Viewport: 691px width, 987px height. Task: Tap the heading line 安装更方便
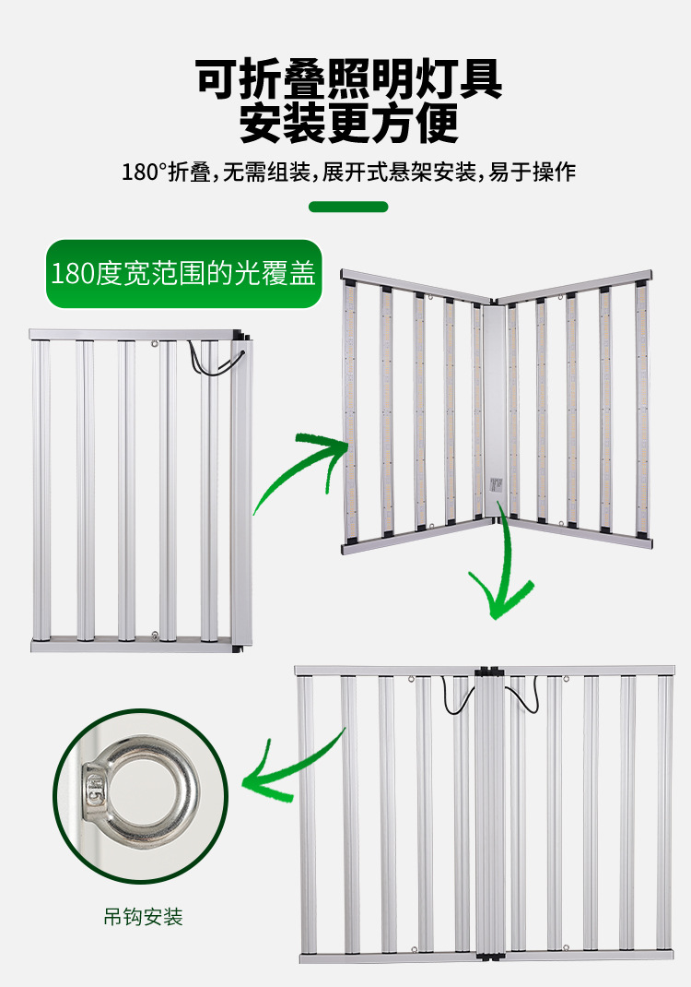[349, 125]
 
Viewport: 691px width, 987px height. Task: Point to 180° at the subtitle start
[143, 172]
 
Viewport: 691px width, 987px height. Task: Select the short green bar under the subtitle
[348, 206]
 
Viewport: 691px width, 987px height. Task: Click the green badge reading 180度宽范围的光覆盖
[183, 274]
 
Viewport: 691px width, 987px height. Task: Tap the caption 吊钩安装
[143, 917]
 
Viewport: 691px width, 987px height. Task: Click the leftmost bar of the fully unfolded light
[306, 812]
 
